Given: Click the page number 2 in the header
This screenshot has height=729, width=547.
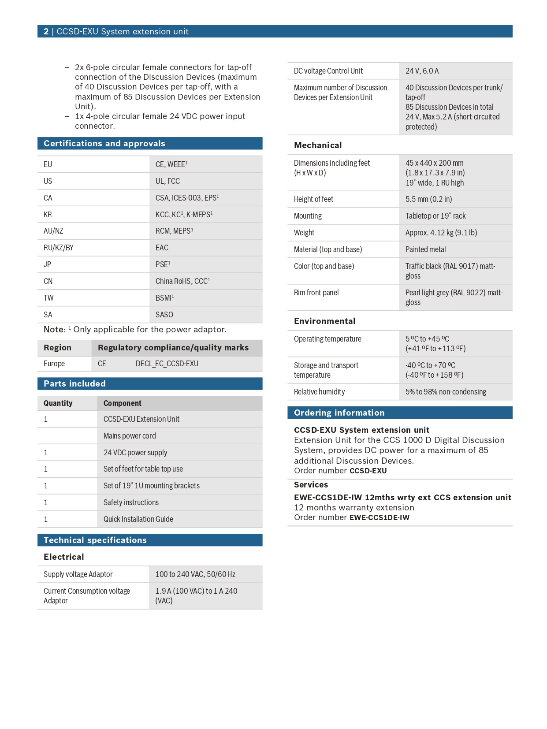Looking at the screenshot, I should pos(46,31).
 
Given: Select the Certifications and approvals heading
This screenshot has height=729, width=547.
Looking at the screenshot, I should pos(104,143).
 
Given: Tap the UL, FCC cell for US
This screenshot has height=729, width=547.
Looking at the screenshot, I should pos(167,181).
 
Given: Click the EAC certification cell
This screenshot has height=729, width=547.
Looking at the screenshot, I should pos(162,248).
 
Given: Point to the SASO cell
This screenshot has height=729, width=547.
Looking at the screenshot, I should pos(164,315).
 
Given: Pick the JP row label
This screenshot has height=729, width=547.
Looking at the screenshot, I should pos(47,264).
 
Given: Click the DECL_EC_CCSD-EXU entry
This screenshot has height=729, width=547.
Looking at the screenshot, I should pos(167,364).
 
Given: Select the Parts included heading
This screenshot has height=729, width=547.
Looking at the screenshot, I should pos(74,383).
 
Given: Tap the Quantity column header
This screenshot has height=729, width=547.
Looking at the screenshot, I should pos(58,403).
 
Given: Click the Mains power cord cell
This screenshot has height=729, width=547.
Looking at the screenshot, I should pos(130,436).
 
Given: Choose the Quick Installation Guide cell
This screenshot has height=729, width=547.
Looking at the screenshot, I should pos(138,519).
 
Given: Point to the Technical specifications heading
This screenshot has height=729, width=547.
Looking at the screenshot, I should pos(95,540).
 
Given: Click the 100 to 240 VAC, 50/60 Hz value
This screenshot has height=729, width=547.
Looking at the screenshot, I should pos(195,574).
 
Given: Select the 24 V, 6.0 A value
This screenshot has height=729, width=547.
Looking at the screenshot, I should pos(422,71).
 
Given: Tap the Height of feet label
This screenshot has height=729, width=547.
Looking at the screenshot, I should pos(313,199).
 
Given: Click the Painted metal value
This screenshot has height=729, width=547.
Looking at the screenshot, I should pos(425,249).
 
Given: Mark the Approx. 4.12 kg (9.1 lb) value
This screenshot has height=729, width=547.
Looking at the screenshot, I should pos(441,233).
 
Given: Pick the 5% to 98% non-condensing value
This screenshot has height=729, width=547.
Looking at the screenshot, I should pos(446,392).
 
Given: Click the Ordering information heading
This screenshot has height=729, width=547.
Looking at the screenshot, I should pos(339,413).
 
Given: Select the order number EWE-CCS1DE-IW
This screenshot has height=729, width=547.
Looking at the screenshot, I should pos(379,517).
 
